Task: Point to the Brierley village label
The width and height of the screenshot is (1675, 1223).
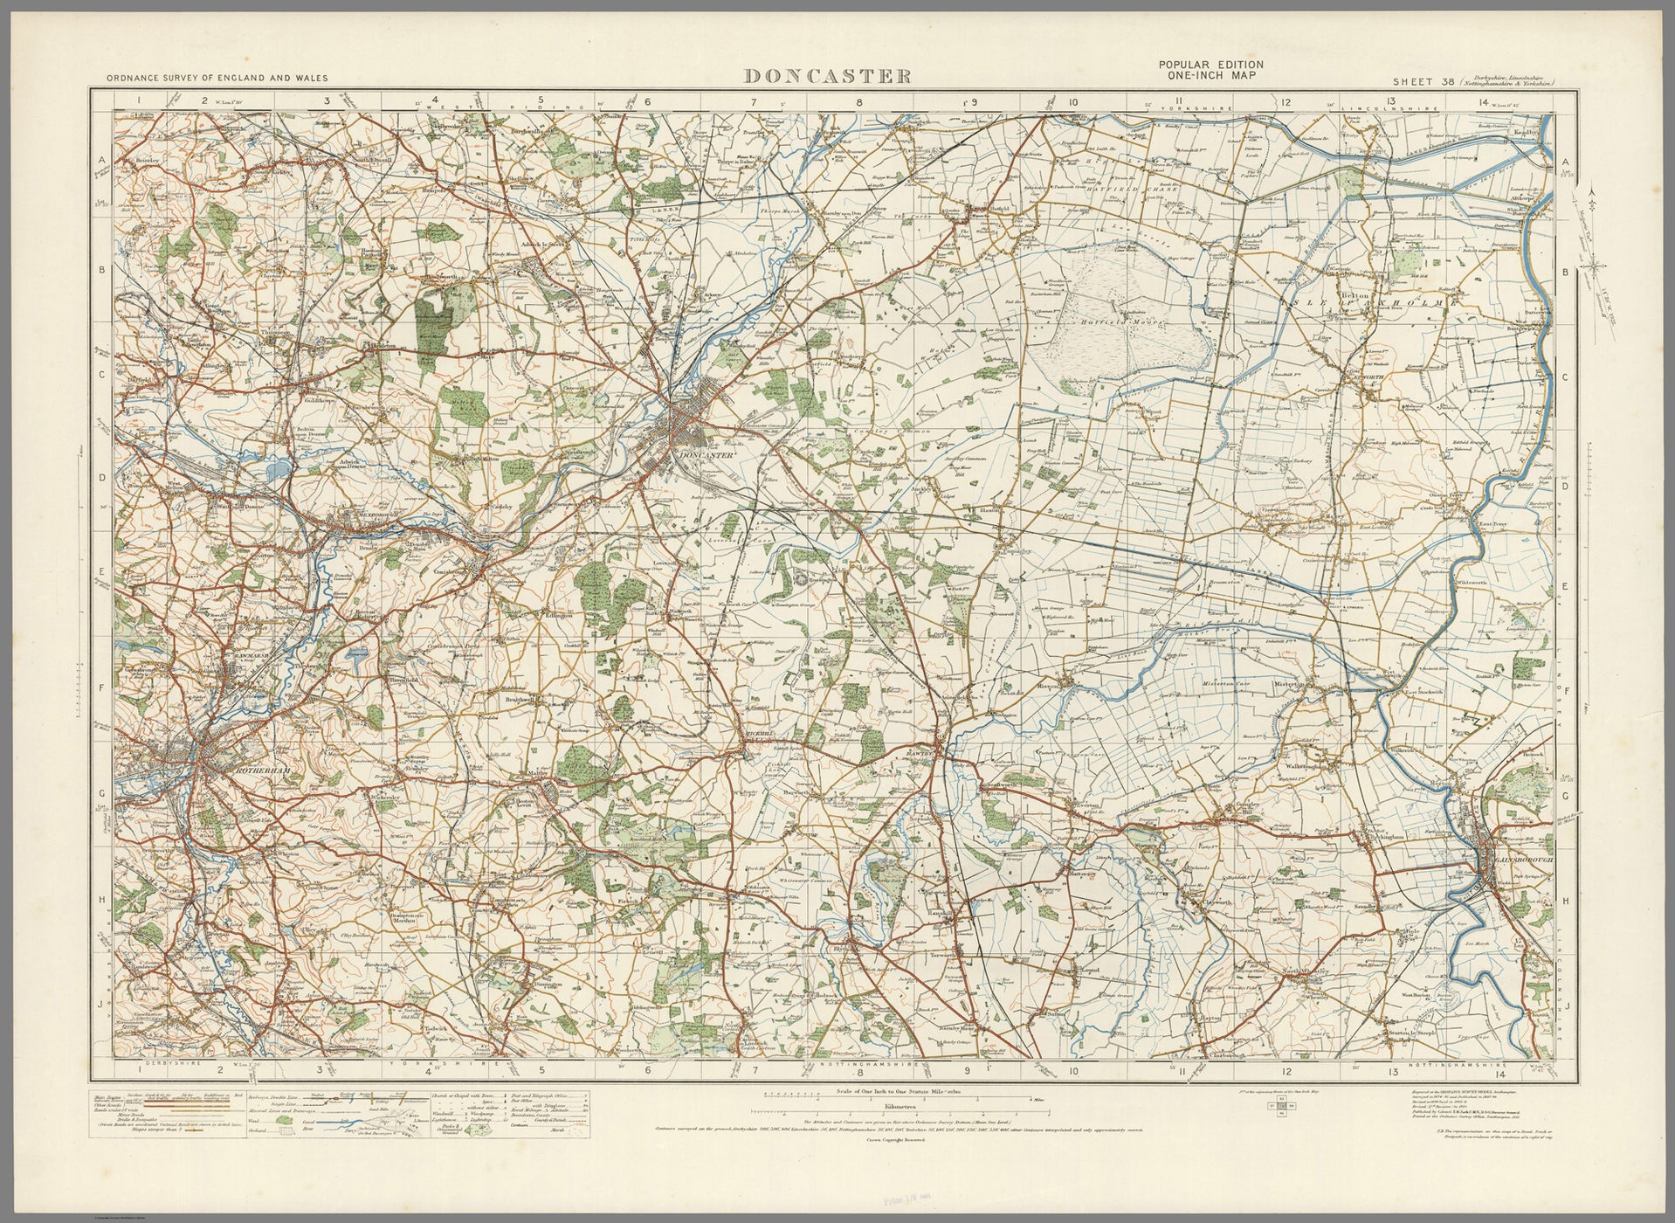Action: (141, 162)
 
